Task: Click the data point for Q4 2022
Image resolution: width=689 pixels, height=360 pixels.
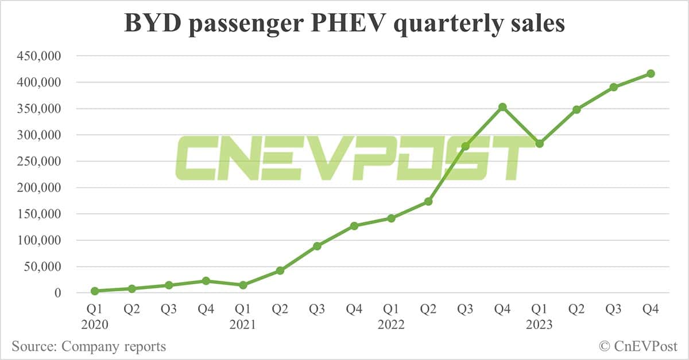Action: pos(502,107)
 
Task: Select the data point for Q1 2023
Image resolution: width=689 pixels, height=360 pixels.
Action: pos(539,144)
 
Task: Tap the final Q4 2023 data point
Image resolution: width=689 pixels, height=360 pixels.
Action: pos(651,73)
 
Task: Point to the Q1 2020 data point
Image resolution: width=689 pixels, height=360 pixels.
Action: pos(94,291)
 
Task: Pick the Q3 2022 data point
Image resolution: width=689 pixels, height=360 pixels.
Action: pos(465,146)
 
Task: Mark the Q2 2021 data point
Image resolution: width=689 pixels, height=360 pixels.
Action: pos(280,271)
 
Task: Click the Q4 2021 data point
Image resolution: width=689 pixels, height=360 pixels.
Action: pos(354,226)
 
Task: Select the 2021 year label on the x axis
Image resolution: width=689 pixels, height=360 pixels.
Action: pos(243,325)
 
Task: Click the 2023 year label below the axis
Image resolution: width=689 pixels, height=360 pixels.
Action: pos(540,325)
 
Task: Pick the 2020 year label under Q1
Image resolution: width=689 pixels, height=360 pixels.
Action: pos(95,325)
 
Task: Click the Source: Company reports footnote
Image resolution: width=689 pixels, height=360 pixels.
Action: pos(89,346)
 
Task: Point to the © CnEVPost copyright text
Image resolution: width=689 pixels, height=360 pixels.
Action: pos(638,346)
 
